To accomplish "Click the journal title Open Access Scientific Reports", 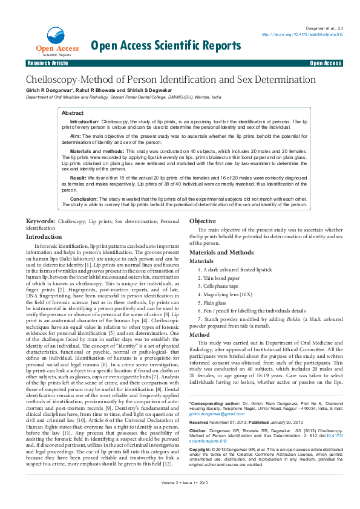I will point(166,45).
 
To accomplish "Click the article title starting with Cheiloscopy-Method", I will point(170,80).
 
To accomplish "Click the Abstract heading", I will point(73,113).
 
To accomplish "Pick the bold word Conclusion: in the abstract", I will point(83,198).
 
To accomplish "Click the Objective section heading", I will point(203,221).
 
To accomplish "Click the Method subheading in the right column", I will point(200,334).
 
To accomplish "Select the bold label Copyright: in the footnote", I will point(203,450).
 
